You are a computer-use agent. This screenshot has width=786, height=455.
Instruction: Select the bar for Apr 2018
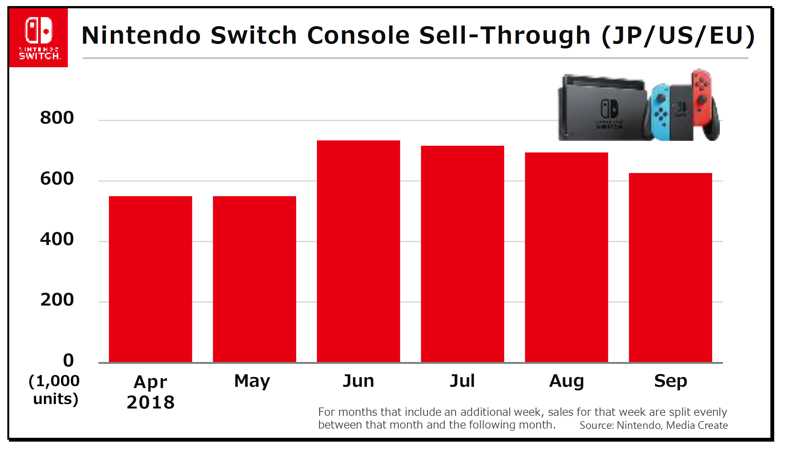pyautogui.click(x=150, y=279)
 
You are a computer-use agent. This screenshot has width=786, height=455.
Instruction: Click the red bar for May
pyautogui.click(x=254, y=279)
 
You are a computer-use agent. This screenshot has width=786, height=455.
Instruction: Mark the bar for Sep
pyautogui.click(x=670, y=267)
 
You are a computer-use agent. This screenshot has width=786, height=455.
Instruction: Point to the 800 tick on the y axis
pyautogui.click(x=57, y=118)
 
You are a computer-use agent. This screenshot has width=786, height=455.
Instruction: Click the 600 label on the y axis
pyautogui.click(x=57, y=178)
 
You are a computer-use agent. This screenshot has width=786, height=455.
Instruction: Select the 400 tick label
pyautogui.click(x=57, y=239)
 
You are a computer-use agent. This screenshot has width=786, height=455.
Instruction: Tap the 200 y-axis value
pyautogui.click(x=57, y=300)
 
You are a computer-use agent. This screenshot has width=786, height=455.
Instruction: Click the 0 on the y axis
pyautogui.click(x=68, y=360)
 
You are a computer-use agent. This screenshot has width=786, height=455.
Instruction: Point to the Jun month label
pyautogui.click(x=358, y=381)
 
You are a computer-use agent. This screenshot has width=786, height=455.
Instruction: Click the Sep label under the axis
pyautogui.click(x=670, y=381)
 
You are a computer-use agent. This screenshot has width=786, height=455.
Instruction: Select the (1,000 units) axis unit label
pyautogui.click(x=54, y=390)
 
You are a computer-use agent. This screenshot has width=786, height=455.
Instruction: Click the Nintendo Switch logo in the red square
pyautogui.click(x=39, y=38)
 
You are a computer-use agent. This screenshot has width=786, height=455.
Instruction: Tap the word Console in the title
pyautogui.click(x=358, y=35)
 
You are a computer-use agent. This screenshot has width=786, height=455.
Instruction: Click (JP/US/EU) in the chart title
pyautogui.click(x=678, y=35)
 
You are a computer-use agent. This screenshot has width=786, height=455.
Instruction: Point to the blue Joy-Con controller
pyautogui.click(x=660, y=112)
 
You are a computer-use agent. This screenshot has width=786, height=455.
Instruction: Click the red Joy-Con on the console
pyautogui.click(x=702, y=96)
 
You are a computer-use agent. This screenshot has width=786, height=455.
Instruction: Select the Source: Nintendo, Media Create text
pyautogui.click(x=654, y=425)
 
